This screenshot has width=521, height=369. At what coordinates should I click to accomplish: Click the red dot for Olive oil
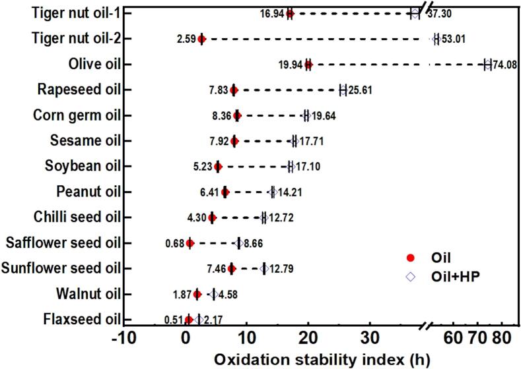(308, 65)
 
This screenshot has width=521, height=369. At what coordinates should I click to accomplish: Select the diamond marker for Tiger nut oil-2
(436, 40)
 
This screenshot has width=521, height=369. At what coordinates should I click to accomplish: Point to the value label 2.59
(186, 40)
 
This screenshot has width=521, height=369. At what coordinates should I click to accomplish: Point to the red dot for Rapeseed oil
(234, 90)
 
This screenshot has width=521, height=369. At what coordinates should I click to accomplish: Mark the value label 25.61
(360, 90)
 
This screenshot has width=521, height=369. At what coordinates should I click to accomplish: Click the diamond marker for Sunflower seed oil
(264, 268)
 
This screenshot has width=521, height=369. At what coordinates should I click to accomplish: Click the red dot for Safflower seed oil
(190, 243)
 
